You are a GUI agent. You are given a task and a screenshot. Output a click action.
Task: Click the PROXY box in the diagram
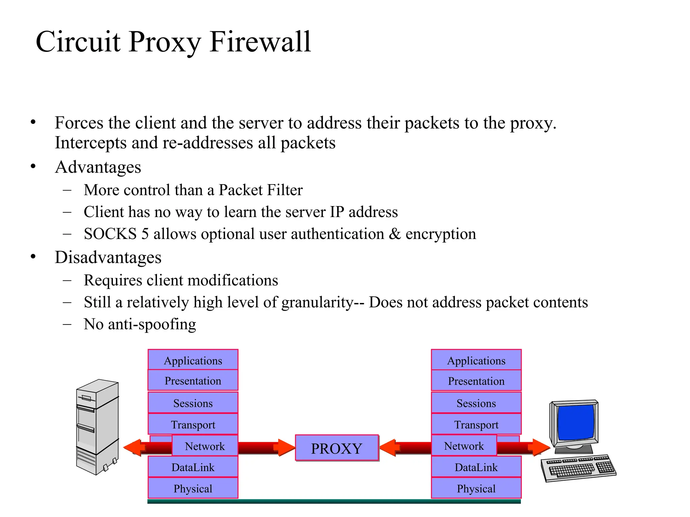coord(337,448)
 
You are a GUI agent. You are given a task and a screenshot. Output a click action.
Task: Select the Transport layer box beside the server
coord(193,424)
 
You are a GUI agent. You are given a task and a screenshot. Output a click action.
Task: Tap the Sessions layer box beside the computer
coord(476,403)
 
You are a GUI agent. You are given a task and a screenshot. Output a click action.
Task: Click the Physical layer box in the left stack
coord(193,488)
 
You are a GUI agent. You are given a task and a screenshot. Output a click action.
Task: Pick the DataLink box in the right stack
coord(476,467)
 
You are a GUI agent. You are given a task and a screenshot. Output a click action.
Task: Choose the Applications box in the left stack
coord(193,360)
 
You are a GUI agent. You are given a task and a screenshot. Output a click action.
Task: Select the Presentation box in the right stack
coord(476,381)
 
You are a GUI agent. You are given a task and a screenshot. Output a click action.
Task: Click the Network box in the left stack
coord(205,446)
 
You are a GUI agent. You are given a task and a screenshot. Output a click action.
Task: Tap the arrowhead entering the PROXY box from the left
coord(286,447)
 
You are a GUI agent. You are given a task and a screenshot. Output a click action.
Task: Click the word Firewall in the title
coord(260,42)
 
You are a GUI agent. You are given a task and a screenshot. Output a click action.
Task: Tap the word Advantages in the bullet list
coord(98,167)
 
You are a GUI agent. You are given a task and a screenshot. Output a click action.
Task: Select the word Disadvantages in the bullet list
coord(108,257)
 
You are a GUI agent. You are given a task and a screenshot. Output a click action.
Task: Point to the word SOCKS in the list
coord(110,234)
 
